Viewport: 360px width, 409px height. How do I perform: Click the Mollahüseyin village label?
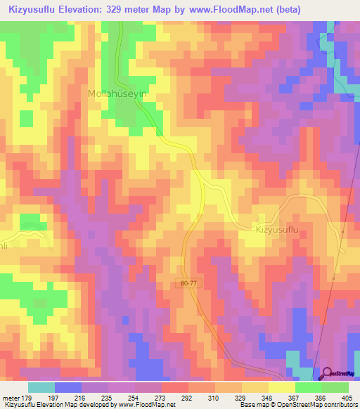point(117,93)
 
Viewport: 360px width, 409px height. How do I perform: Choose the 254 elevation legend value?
point(134,398)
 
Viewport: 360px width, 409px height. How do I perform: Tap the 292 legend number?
point(188,398)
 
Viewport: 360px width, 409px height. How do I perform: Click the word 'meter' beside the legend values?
point(10,398)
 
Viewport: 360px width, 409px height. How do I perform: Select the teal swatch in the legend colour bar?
point(41,387)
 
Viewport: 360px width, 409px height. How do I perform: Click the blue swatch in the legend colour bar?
point(67,387)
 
